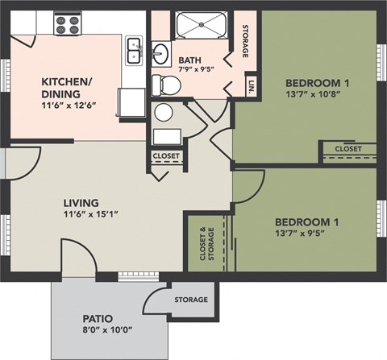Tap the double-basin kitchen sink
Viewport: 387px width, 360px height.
[134, 51]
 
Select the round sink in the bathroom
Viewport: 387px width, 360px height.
[160, 55]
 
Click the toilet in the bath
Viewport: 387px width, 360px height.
[164, 112]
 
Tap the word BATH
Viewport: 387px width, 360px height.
[190, 60]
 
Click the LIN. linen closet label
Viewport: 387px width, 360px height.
[252, 88]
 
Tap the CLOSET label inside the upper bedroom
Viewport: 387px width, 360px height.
[348, 149]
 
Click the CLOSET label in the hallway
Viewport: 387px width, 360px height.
[166, 156]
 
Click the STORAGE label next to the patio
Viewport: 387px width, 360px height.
[191, 300]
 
